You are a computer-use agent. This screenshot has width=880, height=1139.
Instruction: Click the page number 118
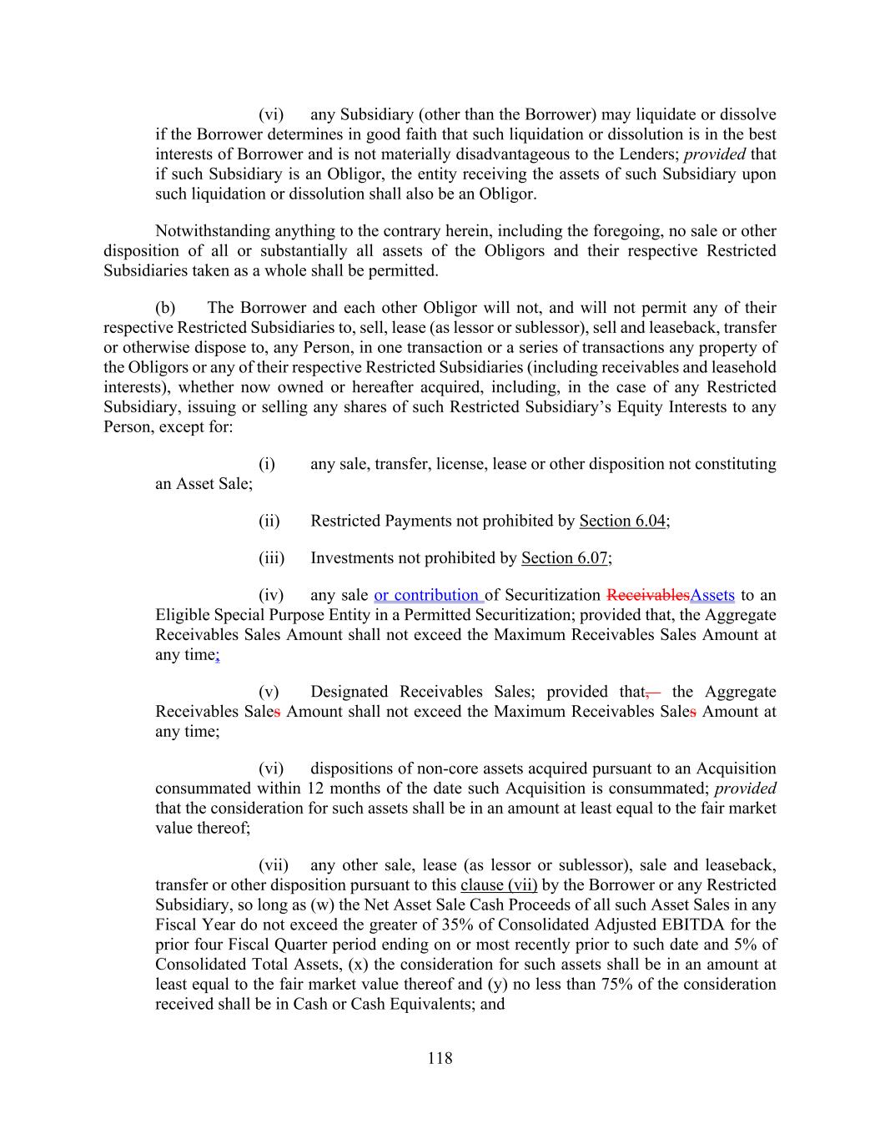pyautogui.click(x=440, y=1058)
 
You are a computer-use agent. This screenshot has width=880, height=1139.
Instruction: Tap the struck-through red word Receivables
pyautogui.click(x=648, y=595)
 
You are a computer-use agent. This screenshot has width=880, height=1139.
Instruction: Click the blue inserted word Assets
pyautogui.click(x=712, y=595)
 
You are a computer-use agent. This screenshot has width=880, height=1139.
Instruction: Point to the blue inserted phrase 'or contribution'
pyautogui.click(x=427, y=595)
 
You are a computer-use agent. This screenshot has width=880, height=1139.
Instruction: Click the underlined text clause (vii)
pyautogui.click(x=499, y=884)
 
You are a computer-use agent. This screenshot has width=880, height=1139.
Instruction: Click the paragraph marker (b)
pyautogui.click(x=165, y=308)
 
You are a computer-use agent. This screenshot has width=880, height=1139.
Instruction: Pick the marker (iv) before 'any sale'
pyautogui.click(x=271, y=595)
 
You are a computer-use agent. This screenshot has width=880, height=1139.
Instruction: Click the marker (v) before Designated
pyautogui.click(x=269, y=692)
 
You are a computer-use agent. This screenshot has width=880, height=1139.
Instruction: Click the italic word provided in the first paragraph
pyautogui.click(x=715, y=154)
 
